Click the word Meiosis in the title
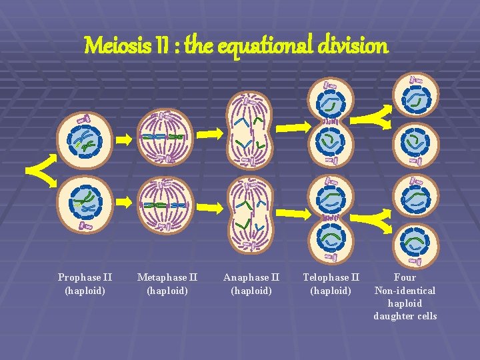[x=112, y=45]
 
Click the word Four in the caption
[x=405, y=277]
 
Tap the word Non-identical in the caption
[x=405, y=291]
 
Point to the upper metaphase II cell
[x=166, y=136]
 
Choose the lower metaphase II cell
[x=166, y=204]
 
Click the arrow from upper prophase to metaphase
[x=123, y=139]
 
